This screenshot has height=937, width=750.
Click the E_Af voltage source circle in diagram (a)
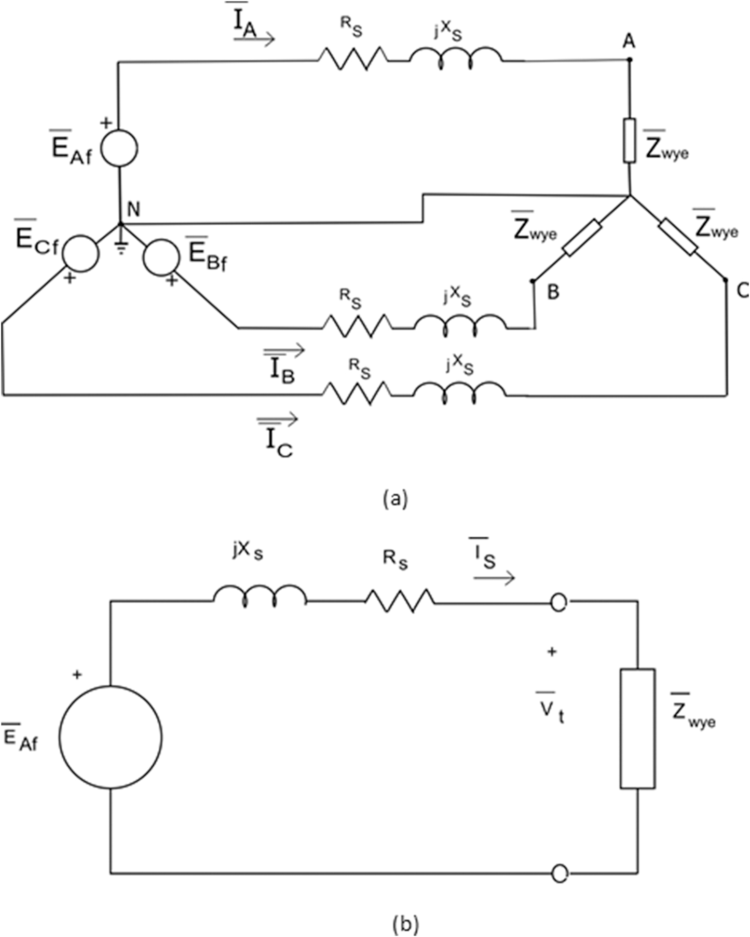[119, 148]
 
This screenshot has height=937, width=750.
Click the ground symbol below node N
[121, 250]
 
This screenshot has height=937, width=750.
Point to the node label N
[133, 209]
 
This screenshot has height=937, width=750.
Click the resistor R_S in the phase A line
[352, 58]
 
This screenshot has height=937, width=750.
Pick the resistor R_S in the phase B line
[356, 326]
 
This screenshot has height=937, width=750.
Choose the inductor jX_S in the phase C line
[459, 392]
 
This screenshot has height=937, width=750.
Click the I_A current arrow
[254, 39]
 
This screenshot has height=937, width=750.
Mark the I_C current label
[279, 443]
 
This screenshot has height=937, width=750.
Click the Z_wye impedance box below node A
[629, 141]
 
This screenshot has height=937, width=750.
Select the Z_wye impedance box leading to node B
[582, 238]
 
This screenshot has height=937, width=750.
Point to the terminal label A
[629, 41]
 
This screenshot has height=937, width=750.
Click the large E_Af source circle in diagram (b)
[110, 737]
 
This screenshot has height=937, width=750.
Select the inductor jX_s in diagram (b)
[260, 596]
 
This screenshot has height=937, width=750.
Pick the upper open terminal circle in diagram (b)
[558, 603]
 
